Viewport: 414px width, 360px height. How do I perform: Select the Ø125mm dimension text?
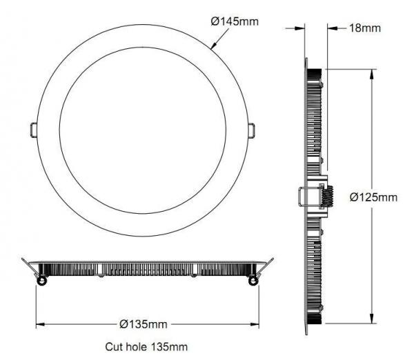coord(373,197)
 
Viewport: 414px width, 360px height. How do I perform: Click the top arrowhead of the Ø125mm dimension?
coord(373,72)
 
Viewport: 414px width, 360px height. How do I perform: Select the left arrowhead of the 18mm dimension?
coord(302,28)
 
